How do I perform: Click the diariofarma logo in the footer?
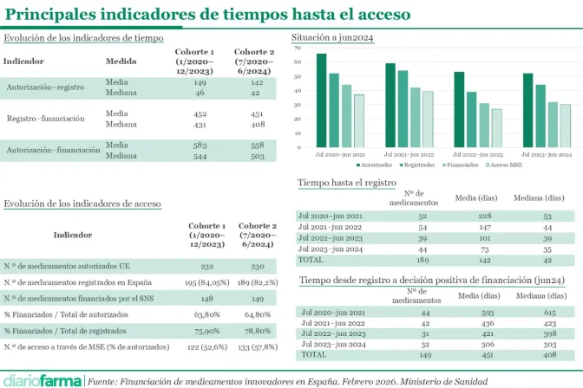coord(43,379)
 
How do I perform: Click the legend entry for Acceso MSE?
coord(504,164)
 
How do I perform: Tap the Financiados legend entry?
coord(461,164)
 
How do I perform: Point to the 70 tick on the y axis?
coord(298,48)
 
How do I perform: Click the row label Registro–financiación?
coord(46,118)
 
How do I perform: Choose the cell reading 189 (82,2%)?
coord(258,282)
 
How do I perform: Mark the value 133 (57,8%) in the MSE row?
coord(258,346)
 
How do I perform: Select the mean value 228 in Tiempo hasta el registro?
coord(485,216)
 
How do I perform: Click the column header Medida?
coord(121,61)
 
